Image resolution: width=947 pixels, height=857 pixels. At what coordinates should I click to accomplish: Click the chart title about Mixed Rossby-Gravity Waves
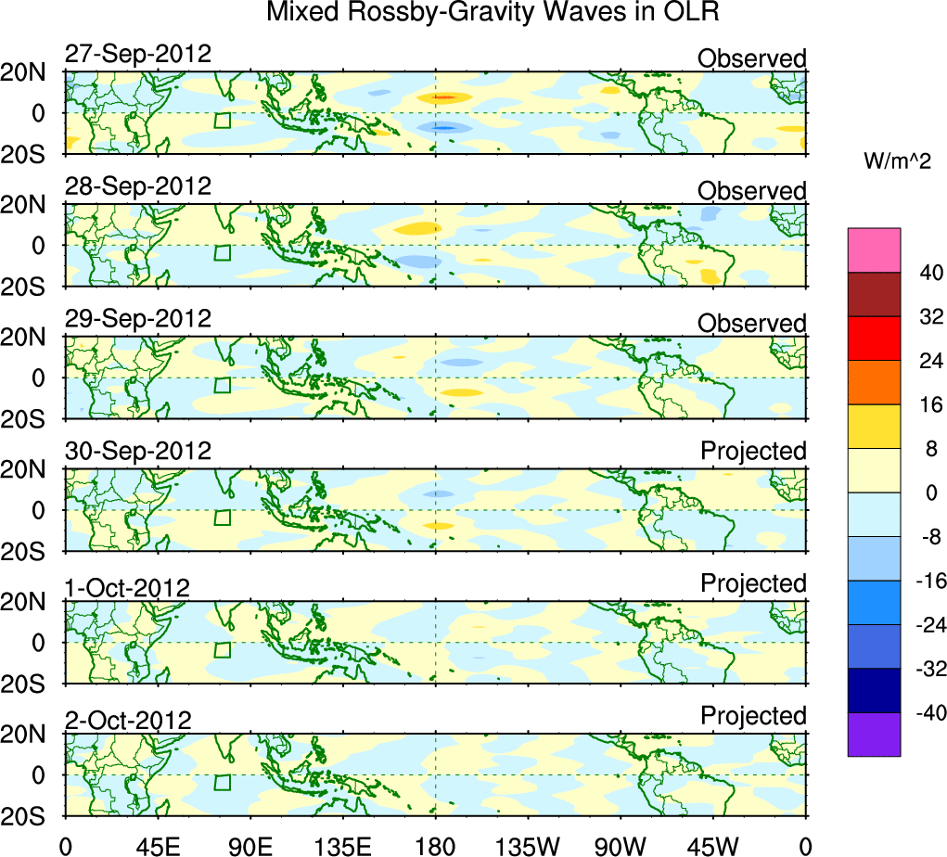click(x=493, y=13)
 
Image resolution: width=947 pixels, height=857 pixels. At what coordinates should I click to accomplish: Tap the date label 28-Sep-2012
click(x=138, y=185)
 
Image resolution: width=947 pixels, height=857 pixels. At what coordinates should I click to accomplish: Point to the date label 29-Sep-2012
click(x=138, y=318)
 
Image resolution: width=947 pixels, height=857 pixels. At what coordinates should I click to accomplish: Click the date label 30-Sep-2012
click(x=138, y=451)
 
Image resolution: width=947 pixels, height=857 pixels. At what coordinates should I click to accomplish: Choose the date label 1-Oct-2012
click(x=127, y=587)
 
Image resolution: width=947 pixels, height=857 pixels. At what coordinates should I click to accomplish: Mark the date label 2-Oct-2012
click(x=128, y=720)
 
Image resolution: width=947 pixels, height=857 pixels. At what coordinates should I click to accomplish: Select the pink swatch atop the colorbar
click(x=874, y=249)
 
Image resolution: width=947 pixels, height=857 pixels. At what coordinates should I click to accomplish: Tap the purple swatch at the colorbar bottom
click(x=874, y=735)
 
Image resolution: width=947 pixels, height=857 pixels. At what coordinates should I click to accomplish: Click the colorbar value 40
click(x=929, y=273)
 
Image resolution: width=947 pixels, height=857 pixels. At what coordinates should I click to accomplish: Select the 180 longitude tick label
click(x=435, y=844)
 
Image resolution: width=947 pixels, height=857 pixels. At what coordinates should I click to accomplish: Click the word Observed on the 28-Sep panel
click(x=752, y=191)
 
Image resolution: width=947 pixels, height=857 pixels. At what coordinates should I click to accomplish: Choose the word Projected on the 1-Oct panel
click(x=753, y=583)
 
